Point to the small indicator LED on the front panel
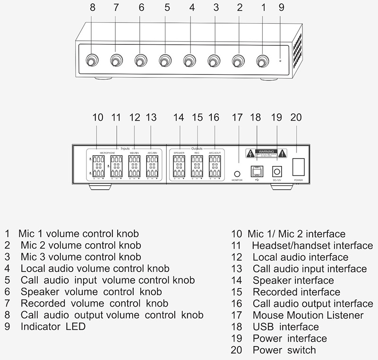280,61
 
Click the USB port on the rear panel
257,170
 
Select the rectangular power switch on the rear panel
298,168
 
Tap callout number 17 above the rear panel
237,117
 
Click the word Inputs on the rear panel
125,148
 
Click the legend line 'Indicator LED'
53,326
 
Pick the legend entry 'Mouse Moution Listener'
308,315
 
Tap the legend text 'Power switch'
284,351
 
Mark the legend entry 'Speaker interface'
293,280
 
